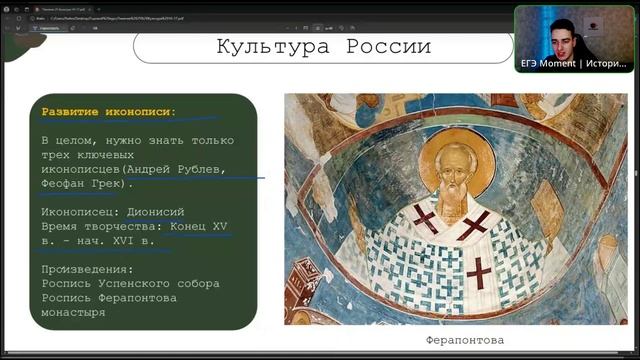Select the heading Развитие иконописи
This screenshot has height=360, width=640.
pyautogui.click(x=108, y=111)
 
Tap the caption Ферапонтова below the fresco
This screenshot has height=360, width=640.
pyautogui.click(x=464, y=340)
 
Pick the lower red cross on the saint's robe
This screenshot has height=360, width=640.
pyautogui.click(x=479, y=271)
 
